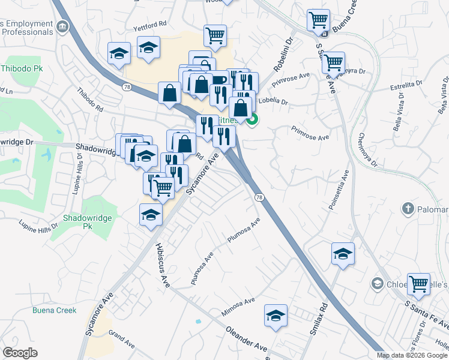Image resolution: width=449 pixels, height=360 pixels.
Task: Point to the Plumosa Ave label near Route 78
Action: click(x=243, y=232)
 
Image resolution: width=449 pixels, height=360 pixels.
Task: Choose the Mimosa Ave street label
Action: click(x=238, y=306)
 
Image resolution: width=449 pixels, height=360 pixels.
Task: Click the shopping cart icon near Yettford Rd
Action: click(x=215, y=36)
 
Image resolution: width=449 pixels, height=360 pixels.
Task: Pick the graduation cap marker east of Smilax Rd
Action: click(x=343, y=254)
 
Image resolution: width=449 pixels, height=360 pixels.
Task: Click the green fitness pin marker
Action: click(x=253, y=121)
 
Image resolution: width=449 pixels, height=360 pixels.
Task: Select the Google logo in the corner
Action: click(x=20, y=353)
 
